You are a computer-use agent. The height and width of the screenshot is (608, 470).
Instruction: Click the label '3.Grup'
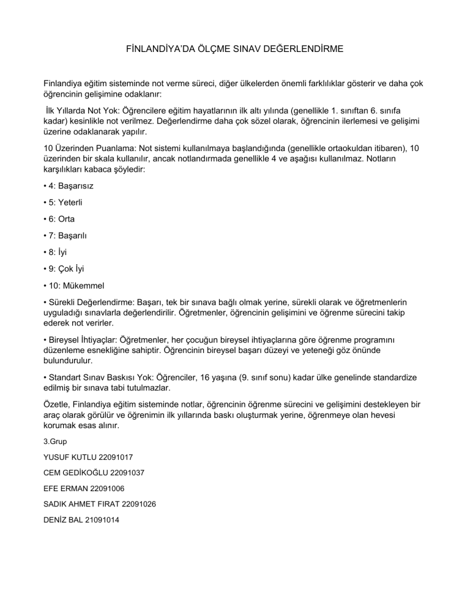[x=55, y=440]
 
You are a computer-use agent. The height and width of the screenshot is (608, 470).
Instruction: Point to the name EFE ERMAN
[x=66, y=488]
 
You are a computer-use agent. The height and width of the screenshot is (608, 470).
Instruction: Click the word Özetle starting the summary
[x=58, y=404]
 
